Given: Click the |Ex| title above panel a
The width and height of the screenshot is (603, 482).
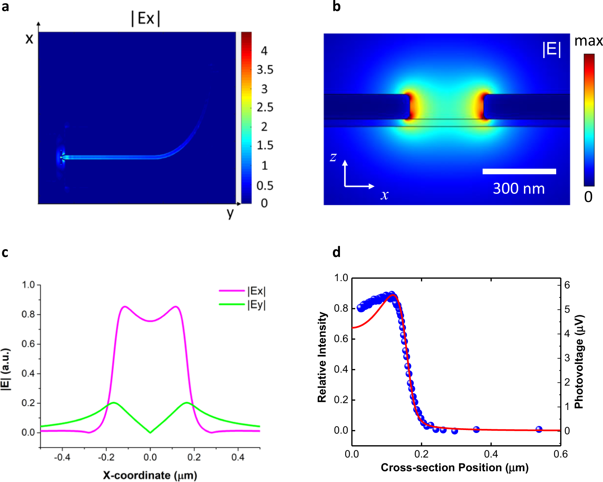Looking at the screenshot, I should click(x=146, y=18).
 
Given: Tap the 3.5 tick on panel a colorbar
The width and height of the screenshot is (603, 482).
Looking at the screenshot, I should click(x=265, y=70).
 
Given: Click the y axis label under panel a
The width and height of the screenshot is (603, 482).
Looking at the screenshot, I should click(x=230, y=214).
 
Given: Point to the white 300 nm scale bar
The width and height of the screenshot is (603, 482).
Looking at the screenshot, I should click(x=519, y=171).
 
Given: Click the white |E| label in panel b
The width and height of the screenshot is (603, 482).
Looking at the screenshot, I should click(x=551, y=49).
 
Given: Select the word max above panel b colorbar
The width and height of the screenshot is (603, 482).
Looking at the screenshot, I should click(x=588, y=41).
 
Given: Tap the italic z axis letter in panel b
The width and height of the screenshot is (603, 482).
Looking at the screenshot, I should click(x=333, y=157).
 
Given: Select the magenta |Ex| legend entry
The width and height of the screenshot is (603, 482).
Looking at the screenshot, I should click(x=256, y=291).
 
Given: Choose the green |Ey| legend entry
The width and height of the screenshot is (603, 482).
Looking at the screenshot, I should click(x=256, y=305).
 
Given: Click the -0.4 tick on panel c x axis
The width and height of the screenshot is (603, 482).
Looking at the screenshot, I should click(x=62, y=457).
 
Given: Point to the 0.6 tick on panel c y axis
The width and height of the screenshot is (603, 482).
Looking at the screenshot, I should click(x=28, y=344).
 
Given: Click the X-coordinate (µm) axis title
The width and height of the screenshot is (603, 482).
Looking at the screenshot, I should click(x=150, y=475).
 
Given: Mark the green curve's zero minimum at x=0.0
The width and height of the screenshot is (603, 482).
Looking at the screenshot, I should click(x=150, y=432).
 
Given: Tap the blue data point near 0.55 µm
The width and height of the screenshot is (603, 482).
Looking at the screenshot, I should click(x=539, y=429).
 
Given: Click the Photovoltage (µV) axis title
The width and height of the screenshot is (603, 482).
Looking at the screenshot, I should click(x=579, y=362).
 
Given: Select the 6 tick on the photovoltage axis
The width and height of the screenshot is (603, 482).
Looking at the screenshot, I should click(x=567, y=285).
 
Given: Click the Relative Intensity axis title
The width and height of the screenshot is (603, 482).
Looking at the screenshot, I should click(x=322, y=357).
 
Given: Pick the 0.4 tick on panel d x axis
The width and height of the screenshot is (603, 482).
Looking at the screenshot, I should click(x=491, y=454).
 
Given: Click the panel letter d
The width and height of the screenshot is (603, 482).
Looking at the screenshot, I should click(x=337, y=253).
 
